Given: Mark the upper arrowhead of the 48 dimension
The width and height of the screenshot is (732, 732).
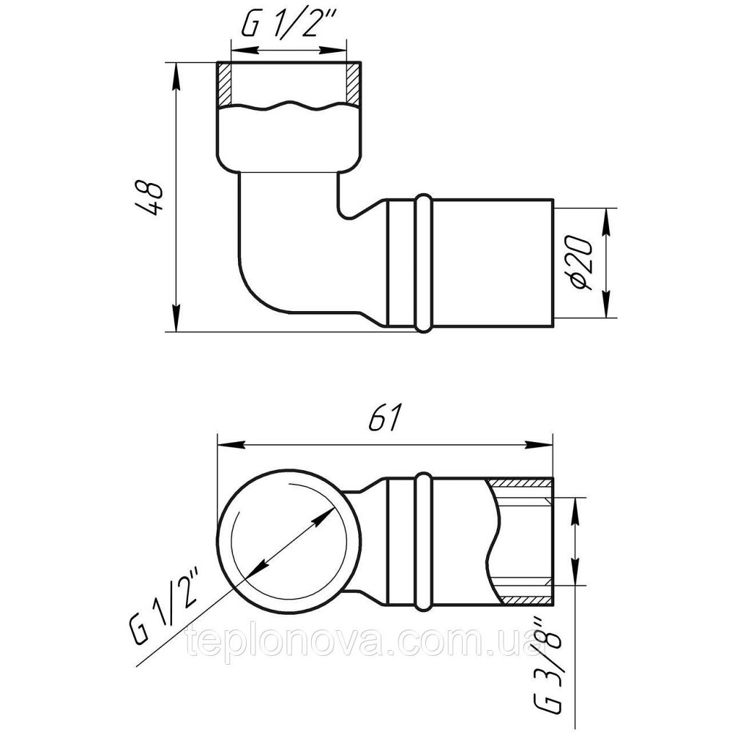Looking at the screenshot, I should coord(176,73).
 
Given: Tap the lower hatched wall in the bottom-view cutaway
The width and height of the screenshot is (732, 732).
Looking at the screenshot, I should coord(523,600).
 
